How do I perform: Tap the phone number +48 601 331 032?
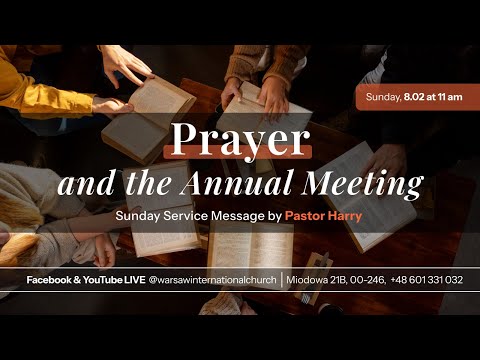[x=427, y=280]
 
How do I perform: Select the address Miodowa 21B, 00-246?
[x=335, y=280]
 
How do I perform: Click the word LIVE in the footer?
[x=130, y=280]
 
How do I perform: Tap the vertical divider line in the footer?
[x=282, y=280]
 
